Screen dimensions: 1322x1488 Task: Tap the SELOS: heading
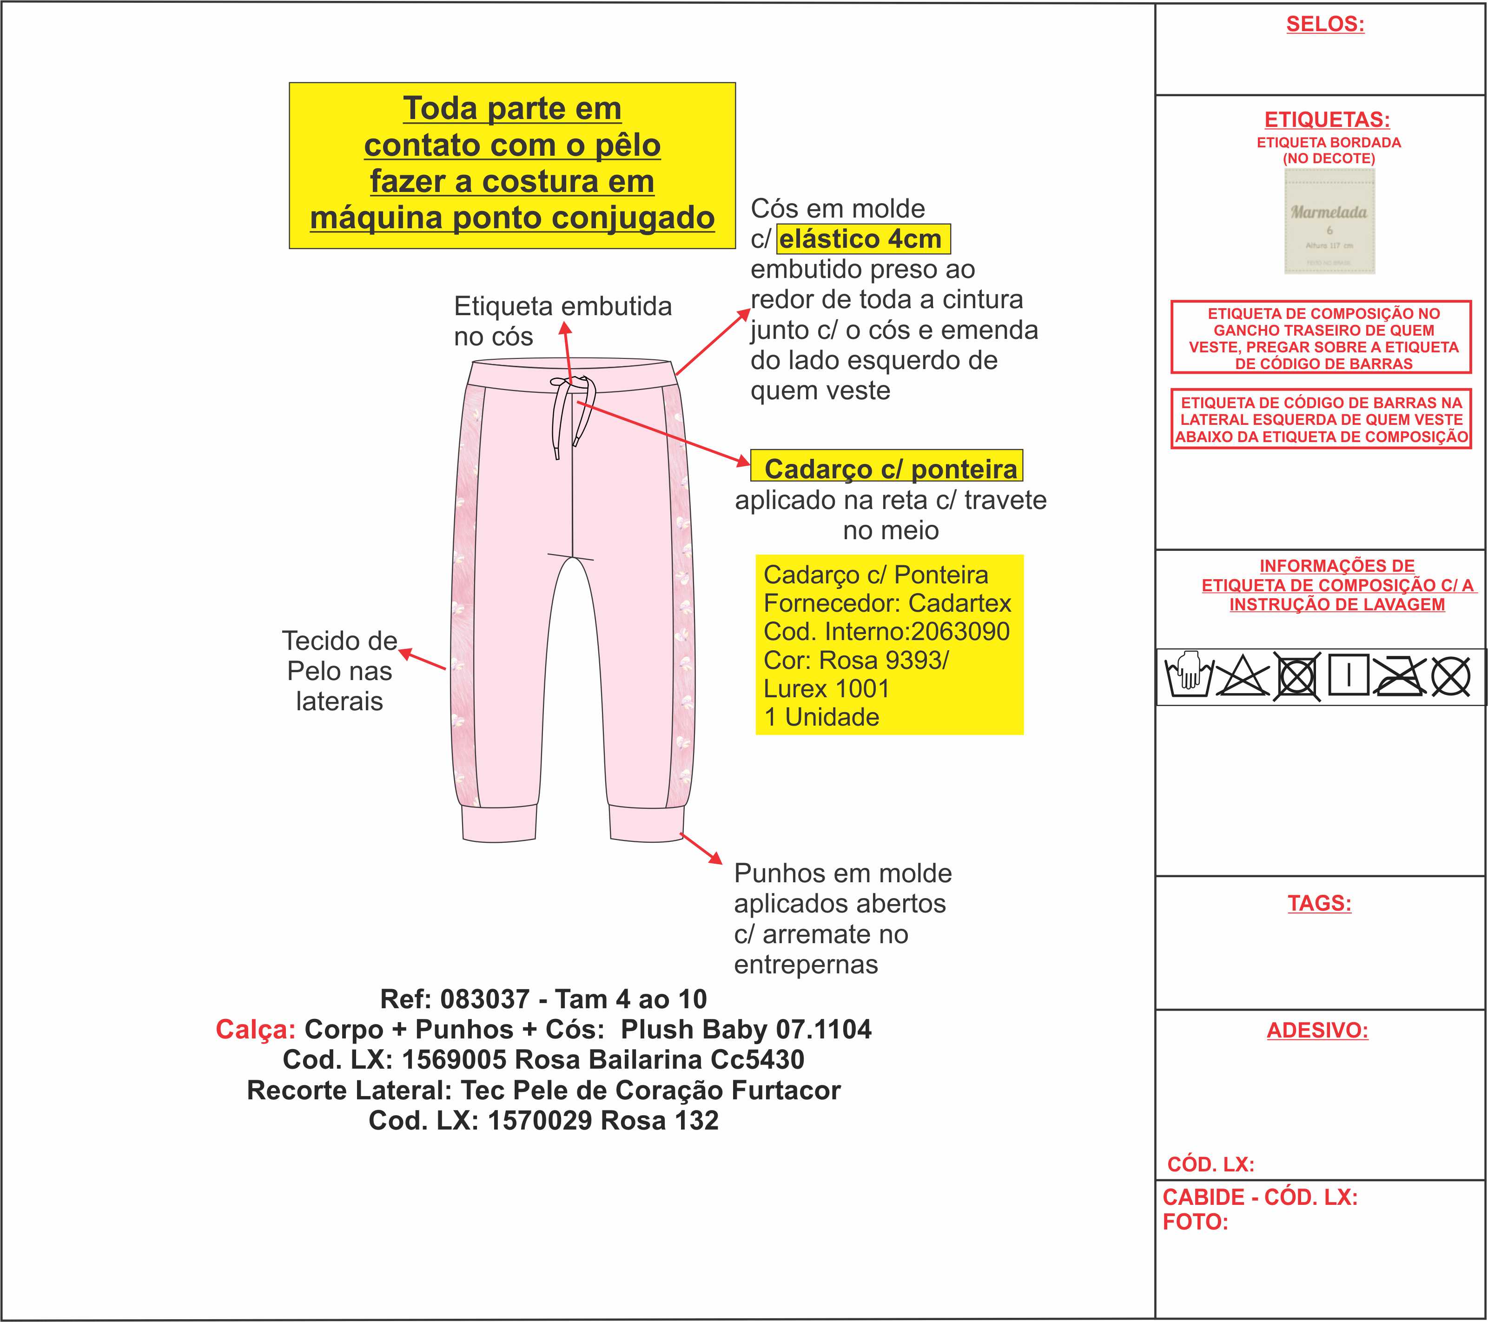point(1325,24)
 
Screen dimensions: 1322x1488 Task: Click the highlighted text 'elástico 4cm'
point(863,239)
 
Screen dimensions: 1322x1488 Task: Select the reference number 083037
point(486,999)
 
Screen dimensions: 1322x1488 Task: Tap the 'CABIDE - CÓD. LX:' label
point(1259,1197)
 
